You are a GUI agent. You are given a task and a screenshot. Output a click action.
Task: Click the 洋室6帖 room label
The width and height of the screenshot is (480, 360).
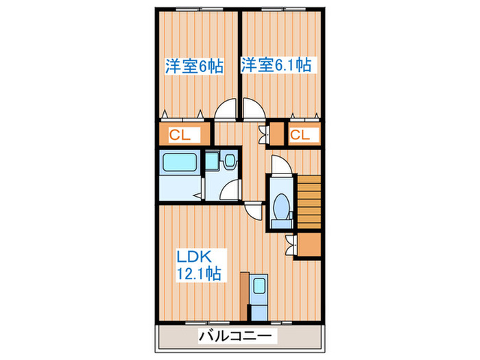193,67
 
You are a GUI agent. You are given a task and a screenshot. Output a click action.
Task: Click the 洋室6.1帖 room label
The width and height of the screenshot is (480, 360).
276,65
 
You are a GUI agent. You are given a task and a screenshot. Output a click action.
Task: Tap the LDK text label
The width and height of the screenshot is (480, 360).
198,258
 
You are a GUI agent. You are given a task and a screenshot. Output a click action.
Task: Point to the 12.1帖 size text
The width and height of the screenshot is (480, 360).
199,274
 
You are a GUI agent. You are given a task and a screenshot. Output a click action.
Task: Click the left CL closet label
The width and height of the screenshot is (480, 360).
180,135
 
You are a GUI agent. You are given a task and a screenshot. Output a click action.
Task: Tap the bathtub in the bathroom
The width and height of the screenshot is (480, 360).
179,165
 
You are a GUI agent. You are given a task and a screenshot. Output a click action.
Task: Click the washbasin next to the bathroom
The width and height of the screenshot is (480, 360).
229,162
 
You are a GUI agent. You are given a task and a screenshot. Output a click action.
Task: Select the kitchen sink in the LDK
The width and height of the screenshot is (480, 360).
259,287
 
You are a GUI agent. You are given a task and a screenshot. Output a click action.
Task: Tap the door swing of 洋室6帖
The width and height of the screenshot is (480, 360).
226,112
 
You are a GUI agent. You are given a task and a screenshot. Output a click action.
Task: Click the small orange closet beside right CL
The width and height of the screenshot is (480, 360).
276,134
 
